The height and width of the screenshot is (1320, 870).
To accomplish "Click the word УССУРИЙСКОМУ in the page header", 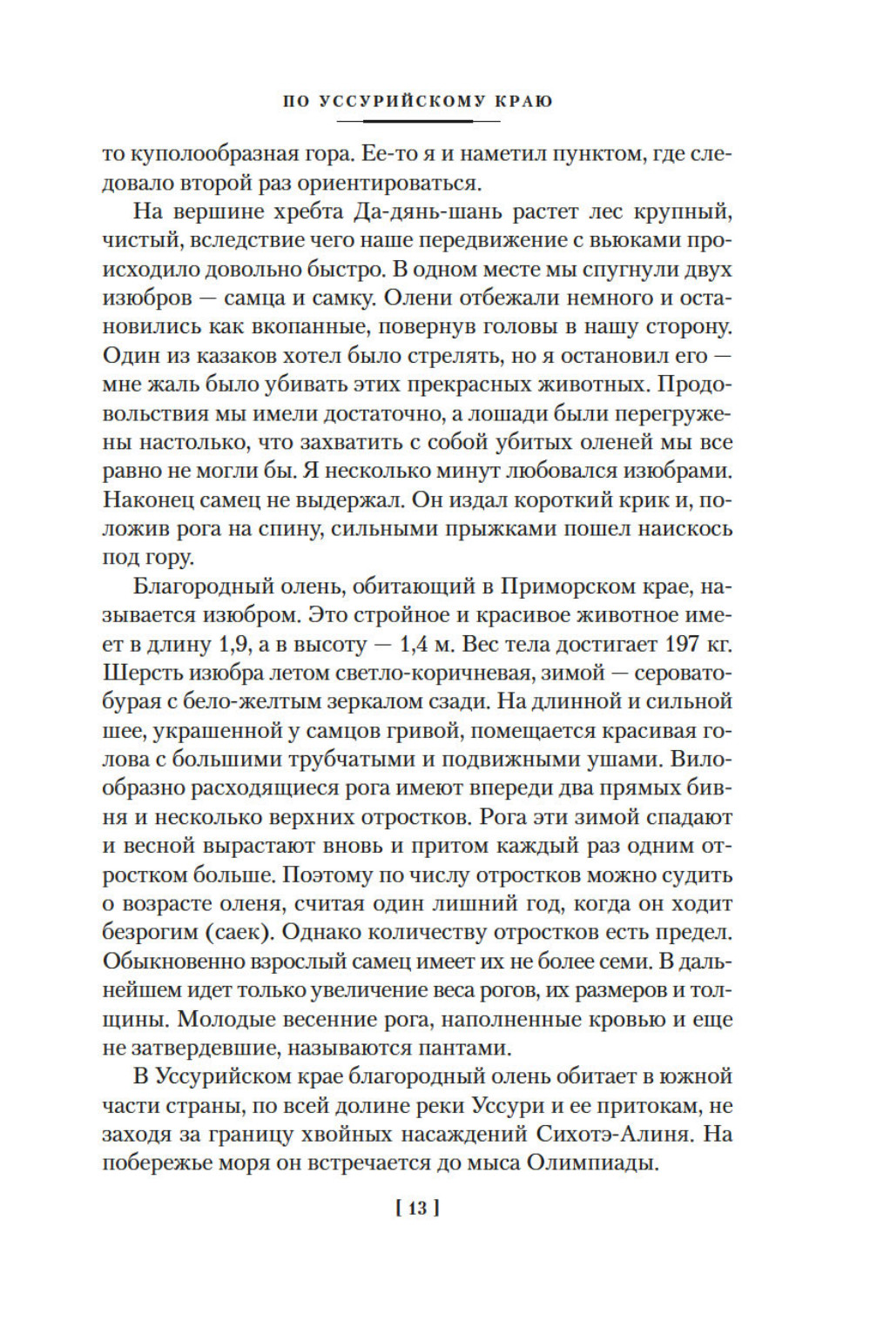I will coord(403,101).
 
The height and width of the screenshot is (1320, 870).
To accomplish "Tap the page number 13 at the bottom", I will coord(418,1208).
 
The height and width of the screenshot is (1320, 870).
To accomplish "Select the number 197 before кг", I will coord(681,644).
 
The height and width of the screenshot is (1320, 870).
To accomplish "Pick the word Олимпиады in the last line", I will coord(590,1163).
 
